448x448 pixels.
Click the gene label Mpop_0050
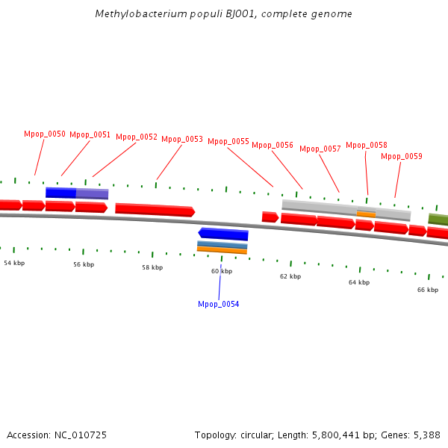[45, 134]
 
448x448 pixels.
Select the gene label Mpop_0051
[90, 135]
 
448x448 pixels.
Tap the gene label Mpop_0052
[137, 137]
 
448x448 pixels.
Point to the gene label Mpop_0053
[182, 139]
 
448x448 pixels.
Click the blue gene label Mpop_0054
[219, 305]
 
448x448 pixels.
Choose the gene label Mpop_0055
[228, 142]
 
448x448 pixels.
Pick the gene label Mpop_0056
[273, 146]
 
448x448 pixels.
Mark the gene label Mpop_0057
[320, 149]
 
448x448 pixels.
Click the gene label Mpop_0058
[367, 146]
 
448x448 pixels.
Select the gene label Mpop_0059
[402, 157]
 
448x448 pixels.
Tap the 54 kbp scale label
[14, 263]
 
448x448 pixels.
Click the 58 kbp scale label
[152, 267]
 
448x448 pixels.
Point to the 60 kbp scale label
[221, 271]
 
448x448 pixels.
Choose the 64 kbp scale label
[359, 283]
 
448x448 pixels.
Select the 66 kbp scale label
[428, 290]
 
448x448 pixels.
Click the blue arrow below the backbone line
[223, 234]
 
